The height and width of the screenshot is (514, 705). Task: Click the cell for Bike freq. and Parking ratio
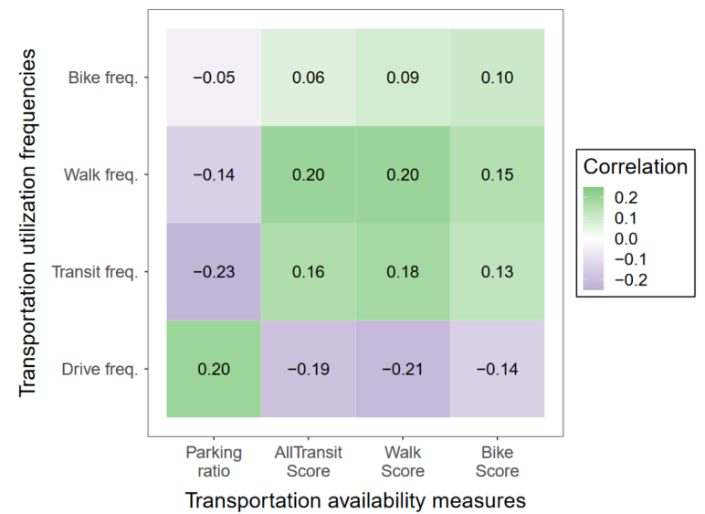point(214,78)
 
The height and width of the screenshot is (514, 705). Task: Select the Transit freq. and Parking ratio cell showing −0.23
point(214,272)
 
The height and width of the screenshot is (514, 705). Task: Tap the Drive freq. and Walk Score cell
point(403,369)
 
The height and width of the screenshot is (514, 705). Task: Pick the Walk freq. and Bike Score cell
point(498,174)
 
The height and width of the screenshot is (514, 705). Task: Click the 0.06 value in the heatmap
point(309,78)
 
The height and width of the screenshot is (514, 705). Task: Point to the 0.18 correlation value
point(403,272)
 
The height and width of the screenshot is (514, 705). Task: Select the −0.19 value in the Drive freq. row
point(309,369)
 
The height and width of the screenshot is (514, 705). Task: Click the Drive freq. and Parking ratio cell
point(214,369)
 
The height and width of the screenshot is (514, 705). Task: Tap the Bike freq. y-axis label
point(102,78)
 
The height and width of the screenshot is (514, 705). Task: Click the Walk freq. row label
point(100,174)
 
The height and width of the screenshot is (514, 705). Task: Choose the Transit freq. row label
point(95,272)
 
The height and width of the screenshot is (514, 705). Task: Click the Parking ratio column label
point(214,461)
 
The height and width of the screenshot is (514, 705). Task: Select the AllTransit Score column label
point(309,461)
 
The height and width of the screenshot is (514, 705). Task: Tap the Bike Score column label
point(498,461)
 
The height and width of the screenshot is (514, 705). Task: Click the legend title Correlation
point(635,167)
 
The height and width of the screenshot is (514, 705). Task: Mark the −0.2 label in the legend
point(630,279)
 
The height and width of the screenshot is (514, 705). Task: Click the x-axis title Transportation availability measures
point(355,500)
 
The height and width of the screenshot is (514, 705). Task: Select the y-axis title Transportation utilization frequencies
point(29,223)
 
